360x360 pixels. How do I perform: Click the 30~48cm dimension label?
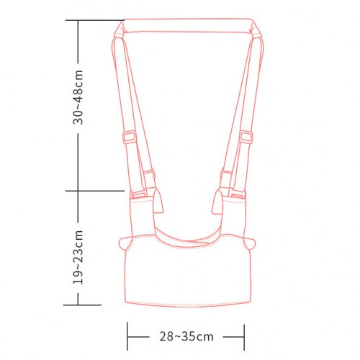[x=78, y=97]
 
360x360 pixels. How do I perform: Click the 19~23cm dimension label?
[x=78, y=257]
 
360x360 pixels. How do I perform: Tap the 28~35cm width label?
[x=186, y=336]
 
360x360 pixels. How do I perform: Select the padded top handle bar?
[x=187, y=26]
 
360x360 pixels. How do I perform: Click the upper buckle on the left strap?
[x=130, y=137]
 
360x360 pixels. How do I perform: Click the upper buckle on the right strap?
[x=246, y=137]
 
